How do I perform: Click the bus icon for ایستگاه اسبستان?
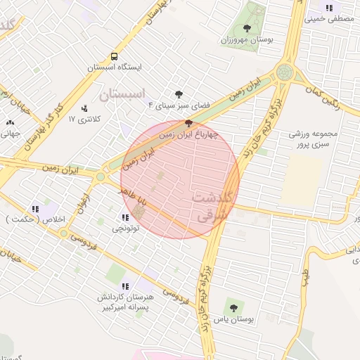click(113, 56)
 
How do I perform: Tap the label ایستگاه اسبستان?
click(115, 67)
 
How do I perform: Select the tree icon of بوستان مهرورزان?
click(247, 29)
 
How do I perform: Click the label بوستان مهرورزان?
click(247, 41)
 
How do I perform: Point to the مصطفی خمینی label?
click(330, 20)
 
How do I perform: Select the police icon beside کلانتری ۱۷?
click(85, 108)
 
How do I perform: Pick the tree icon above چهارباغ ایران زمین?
click(188, 123)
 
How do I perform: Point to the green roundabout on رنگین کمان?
click(284, 72)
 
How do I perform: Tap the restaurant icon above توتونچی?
click(126, 217)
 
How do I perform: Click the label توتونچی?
click(126, 228)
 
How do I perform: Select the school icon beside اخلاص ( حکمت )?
click(35, 209)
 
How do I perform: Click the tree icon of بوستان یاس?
click(233, 307)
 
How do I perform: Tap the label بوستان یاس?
click(233, 319)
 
